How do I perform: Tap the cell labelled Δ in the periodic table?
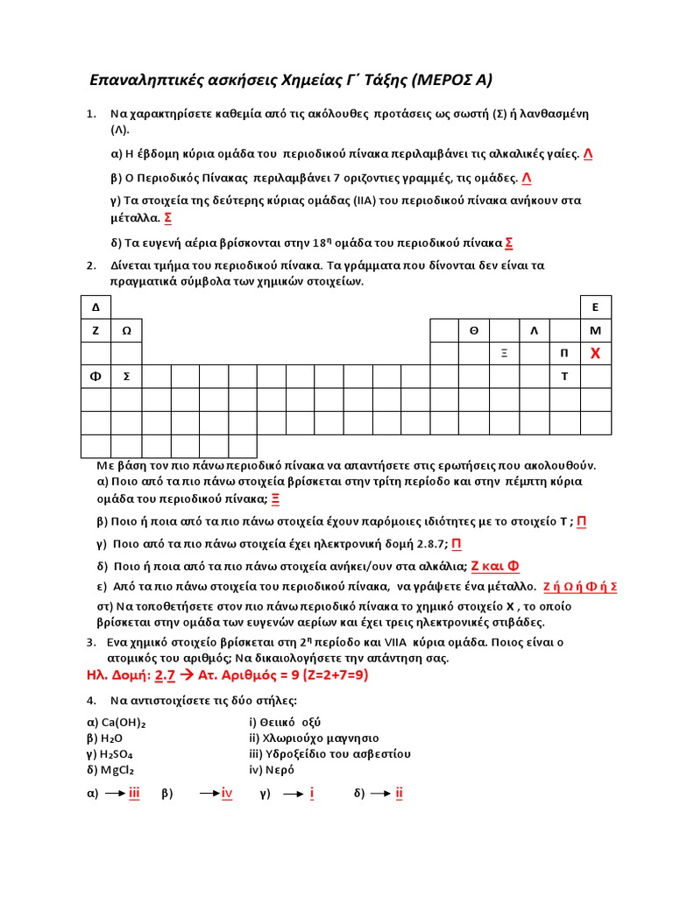click(x=96, y=307)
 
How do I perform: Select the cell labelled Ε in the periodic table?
click(x=595, y=307)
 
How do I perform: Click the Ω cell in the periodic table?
click(x=126, y=330)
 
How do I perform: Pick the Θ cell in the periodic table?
click(x=474, y=330)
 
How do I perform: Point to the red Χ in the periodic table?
click(x=595, y=353)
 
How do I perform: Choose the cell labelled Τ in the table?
click(x=564, y=377)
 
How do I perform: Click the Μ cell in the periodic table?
click(x=595, y=330)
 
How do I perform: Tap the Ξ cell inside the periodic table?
click(x=505, y=353)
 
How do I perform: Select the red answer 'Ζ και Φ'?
click(x=501, y=566)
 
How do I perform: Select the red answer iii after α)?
click(x=134, y=794)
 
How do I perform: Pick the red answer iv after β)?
click(x=226, y=794)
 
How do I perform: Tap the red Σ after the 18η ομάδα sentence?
click(x=510, y=243)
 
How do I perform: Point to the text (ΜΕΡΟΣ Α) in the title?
click(x=450, y=81)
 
